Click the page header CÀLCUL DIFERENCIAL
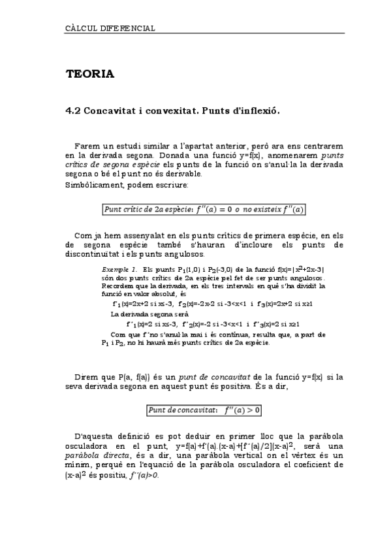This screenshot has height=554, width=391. [110, 29]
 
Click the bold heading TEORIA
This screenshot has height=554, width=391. [89, 74]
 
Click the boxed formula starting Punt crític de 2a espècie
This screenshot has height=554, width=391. [204, 210]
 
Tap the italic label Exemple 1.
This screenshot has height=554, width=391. [118, 270]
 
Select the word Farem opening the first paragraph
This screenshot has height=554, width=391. [87, 146]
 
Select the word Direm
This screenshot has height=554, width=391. [86, 378]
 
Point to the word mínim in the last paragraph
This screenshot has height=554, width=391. [80, 466]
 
